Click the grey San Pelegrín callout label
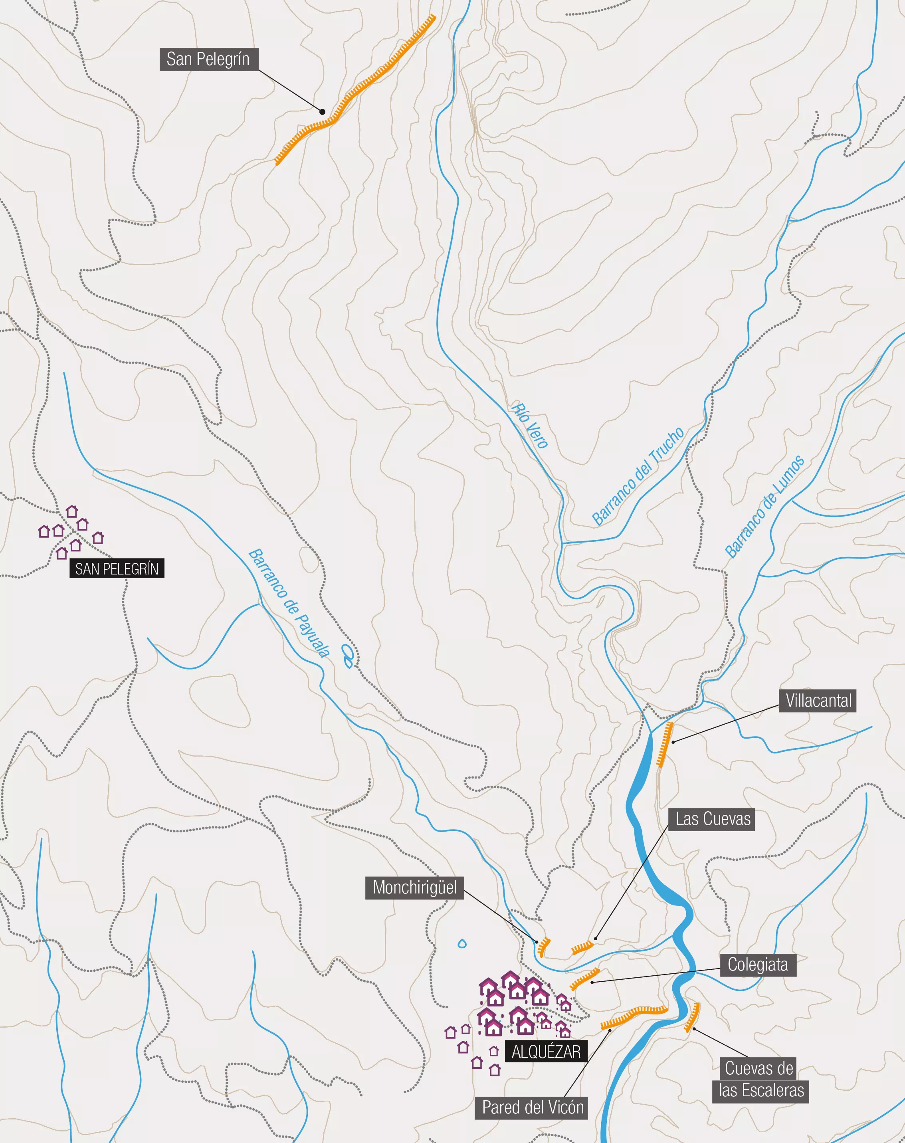[208, 59]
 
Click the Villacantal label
[818, 701]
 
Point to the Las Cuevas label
[713, 819]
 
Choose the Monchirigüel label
[414, 887]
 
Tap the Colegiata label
[758, 965]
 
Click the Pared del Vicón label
[533, 1107]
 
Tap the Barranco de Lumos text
[764, 507]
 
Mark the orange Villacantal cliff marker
[665, 745]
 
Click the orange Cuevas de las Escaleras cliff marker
[693, 1017]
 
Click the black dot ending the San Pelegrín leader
[322, 112]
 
